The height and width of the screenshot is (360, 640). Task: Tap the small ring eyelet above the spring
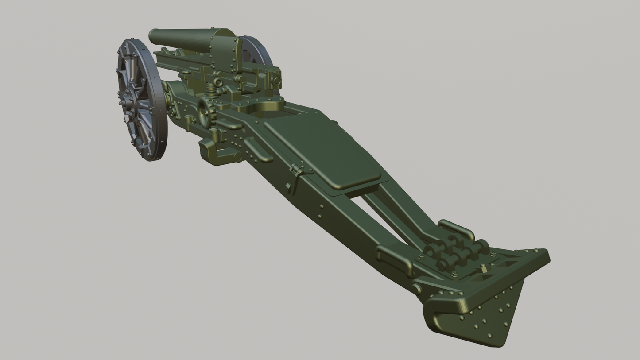[x=218, y=82]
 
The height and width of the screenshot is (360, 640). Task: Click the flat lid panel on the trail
[x=324, y=149]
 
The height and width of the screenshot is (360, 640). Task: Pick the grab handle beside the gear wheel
[x=257, y=150]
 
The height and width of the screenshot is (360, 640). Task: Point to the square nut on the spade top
[x=483, y=269]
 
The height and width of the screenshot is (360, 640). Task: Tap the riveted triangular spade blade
[x=487, y=314]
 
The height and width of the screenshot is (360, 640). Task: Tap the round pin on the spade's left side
[x=416, y=288]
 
